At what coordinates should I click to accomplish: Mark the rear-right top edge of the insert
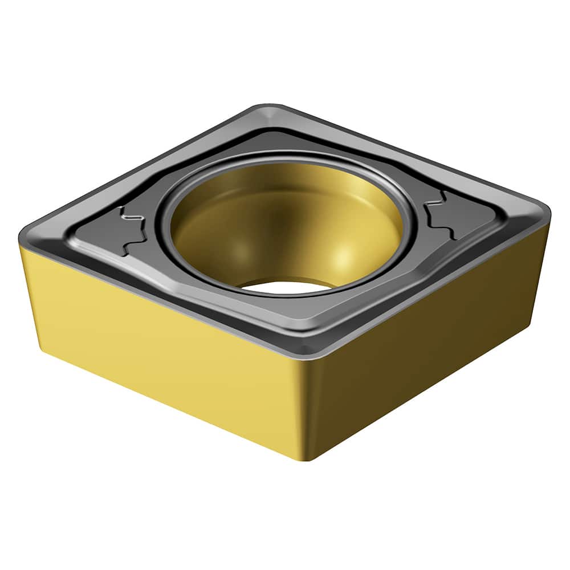coord(410,154)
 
